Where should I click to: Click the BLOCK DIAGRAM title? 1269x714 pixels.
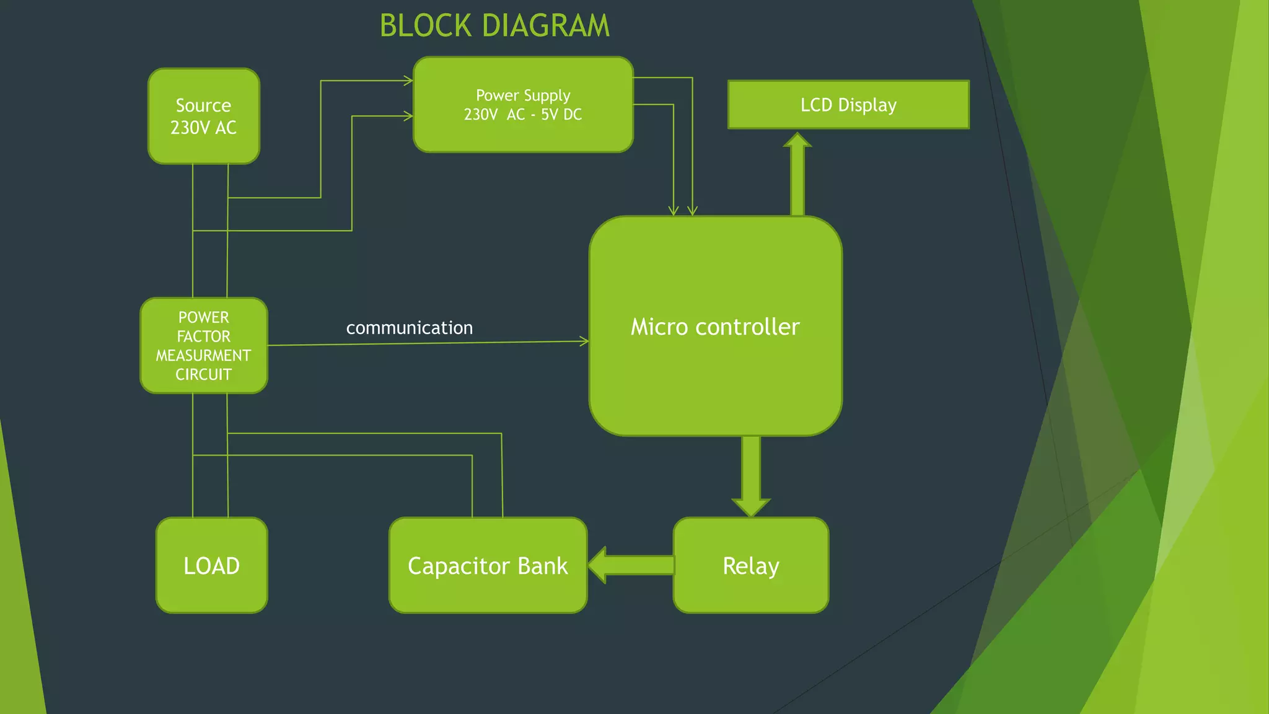(494, 26)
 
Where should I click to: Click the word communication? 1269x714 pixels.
(409, 328)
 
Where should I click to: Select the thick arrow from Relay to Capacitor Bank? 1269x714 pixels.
(631, 565)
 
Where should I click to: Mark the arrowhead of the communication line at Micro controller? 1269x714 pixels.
(584, 341)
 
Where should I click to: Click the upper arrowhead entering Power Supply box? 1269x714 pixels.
(408, 81)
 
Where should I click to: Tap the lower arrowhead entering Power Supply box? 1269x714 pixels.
(408, 116)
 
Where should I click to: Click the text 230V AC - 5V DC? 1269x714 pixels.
(523, 115)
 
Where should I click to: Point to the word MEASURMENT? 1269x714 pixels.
(203, 356)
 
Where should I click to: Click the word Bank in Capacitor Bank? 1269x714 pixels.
(542, 566)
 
